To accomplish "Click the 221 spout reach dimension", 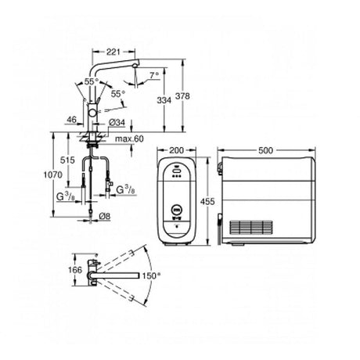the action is [x=113, y=52].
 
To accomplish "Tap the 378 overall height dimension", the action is [x=182, y=96].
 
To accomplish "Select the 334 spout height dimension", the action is [x=164, y=100].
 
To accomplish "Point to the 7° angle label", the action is [x=154, y=75].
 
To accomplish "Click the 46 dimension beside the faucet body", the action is [x=72, y=120].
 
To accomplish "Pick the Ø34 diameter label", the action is [x=117, y=122].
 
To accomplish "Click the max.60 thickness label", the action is [x=129, y=139].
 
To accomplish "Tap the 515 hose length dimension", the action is [x=67, y=160].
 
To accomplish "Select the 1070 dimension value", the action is [x=52, y=175].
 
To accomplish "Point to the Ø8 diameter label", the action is [x=105, y=216].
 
